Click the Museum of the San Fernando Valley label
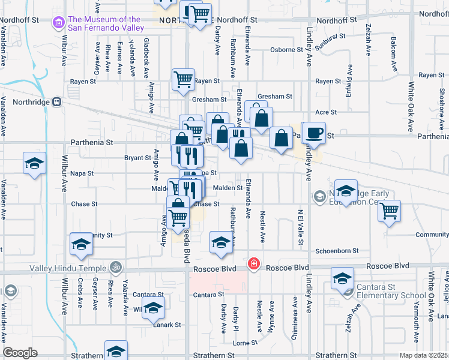click(106, 23)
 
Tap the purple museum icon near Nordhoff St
click(59, 23)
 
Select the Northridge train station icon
click(57, 101)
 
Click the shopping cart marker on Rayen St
click(183, 79)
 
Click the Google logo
click(20, 353)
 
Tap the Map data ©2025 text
click(424, 355)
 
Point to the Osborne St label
click(285, 50)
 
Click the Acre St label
click(326, 112)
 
